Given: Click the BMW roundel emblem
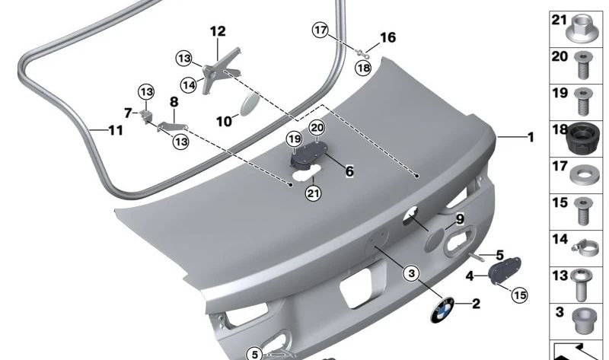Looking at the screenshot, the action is tap(442, 310).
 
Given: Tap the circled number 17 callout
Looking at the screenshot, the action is tap(320, 30).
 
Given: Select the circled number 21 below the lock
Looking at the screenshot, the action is tap(314, 193).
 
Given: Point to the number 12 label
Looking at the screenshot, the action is tap(218, 31).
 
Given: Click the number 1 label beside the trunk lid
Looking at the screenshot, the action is tap(530, 137).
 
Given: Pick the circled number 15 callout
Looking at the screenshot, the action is tap(520, 295).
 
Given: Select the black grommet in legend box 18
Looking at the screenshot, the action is tap(582, 139).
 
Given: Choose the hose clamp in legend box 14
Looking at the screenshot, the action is tap(584, 249).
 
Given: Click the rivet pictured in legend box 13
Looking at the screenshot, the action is tap(582, 285).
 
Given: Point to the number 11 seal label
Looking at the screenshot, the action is tap(116, 130).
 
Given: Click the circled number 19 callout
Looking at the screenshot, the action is tap(295, 139).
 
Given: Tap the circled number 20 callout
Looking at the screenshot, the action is tap(317, 127).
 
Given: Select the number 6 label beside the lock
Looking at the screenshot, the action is tap(349, 171).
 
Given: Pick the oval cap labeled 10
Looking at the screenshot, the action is tap(249, 104).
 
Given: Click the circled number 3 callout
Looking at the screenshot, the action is tap(411, 273).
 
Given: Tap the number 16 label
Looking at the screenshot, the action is tap(387, 37).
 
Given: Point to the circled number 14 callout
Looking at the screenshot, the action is tap(189, 84).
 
